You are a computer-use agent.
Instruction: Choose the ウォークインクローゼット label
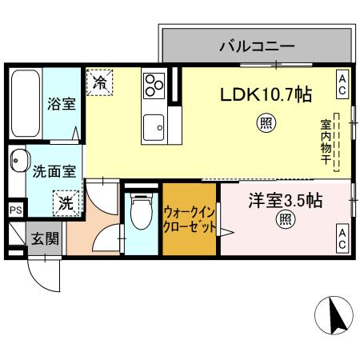coord(189,219)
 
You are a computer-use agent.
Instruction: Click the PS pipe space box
coord(15,210)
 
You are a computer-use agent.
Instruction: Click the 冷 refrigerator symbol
coord(101,81)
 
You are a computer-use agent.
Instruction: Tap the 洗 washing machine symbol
coord(66,202)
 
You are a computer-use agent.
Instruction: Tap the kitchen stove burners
coord(154,84)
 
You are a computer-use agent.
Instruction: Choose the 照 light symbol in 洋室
coord(283,219)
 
